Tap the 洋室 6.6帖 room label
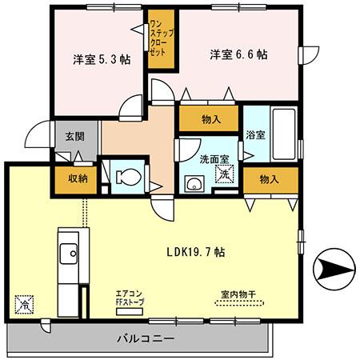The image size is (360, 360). (239, 55)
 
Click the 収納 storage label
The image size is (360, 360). (78, 178)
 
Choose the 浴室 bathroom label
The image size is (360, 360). (255, 137)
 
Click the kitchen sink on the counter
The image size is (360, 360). (67, 249)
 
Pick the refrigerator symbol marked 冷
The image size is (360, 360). (25, 303)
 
